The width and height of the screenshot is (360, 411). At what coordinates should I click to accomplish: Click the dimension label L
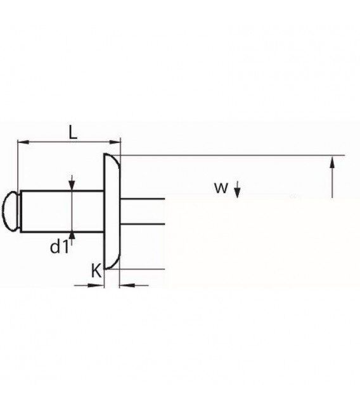[73, 132]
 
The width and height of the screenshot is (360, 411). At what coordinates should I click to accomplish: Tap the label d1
[60, 246]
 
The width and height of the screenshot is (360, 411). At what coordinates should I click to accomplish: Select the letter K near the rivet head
[96, 271]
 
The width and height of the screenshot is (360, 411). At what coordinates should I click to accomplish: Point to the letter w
[221, 188]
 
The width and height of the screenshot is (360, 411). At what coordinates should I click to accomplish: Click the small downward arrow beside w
[237, 189]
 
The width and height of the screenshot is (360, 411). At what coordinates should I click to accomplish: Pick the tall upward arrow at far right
[333, 177]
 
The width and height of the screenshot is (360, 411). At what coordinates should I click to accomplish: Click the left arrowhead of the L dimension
[23, 142]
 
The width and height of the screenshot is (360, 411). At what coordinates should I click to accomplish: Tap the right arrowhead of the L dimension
[115, 142]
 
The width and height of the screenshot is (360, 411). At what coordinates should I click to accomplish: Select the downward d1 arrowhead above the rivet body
[72, 185]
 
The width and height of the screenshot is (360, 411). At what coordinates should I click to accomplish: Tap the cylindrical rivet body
[63, 212]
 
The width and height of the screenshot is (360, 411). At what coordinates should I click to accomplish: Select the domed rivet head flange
[112, 212]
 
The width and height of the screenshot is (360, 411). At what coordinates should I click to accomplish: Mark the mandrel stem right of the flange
[143, 212]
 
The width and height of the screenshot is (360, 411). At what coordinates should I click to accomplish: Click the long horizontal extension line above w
[232, 155]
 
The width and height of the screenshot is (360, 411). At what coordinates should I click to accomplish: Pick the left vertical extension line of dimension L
[18, 166]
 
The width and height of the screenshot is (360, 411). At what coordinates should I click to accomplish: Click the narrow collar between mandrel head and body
[20, 212]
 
